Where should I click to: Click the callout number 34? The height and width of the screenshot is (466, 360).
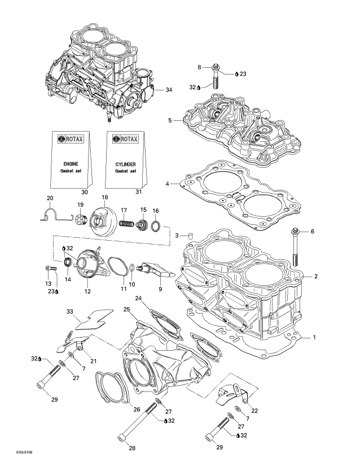(x=169, y=90)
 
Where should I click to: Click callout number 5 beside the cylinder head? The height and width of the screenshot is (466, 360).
(x=170, y=120)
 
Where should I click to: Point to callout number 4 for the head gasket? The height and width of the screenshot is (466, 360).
(x=168, y=184)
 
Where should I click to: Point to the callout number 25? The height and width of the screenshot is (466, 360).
(x=127, y=309)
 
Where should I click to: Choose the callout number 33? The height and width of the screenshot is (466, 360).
(x=70, y=311)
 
